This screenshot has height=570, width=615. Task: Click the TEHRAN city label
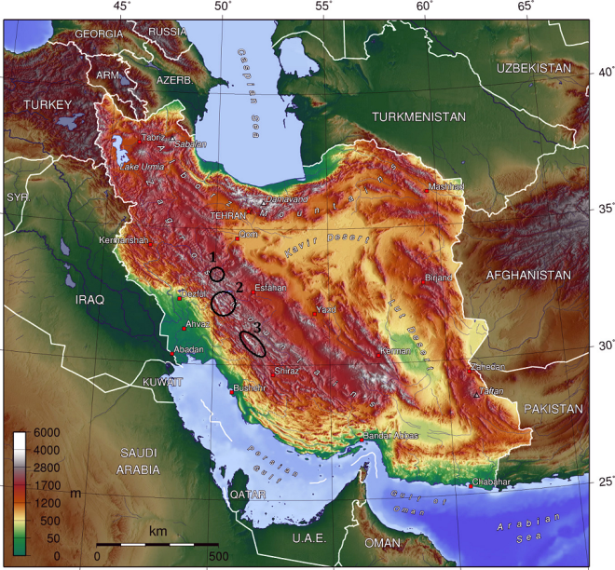tap(227, 215)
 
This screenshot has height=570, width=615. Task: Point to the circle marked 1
tap(217, 274)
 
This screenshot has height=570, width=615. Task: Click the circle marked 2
tap(224, 303)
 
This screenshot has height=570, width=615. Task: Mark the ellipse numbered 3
tap(253, 343)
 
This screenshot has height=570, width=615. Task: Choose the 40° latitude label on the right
tap(604, 73)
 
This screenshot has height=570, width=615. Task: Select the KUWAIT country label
tap(164, 383)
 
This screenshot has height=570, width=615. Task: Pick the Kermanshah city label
tap(124, 240)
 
